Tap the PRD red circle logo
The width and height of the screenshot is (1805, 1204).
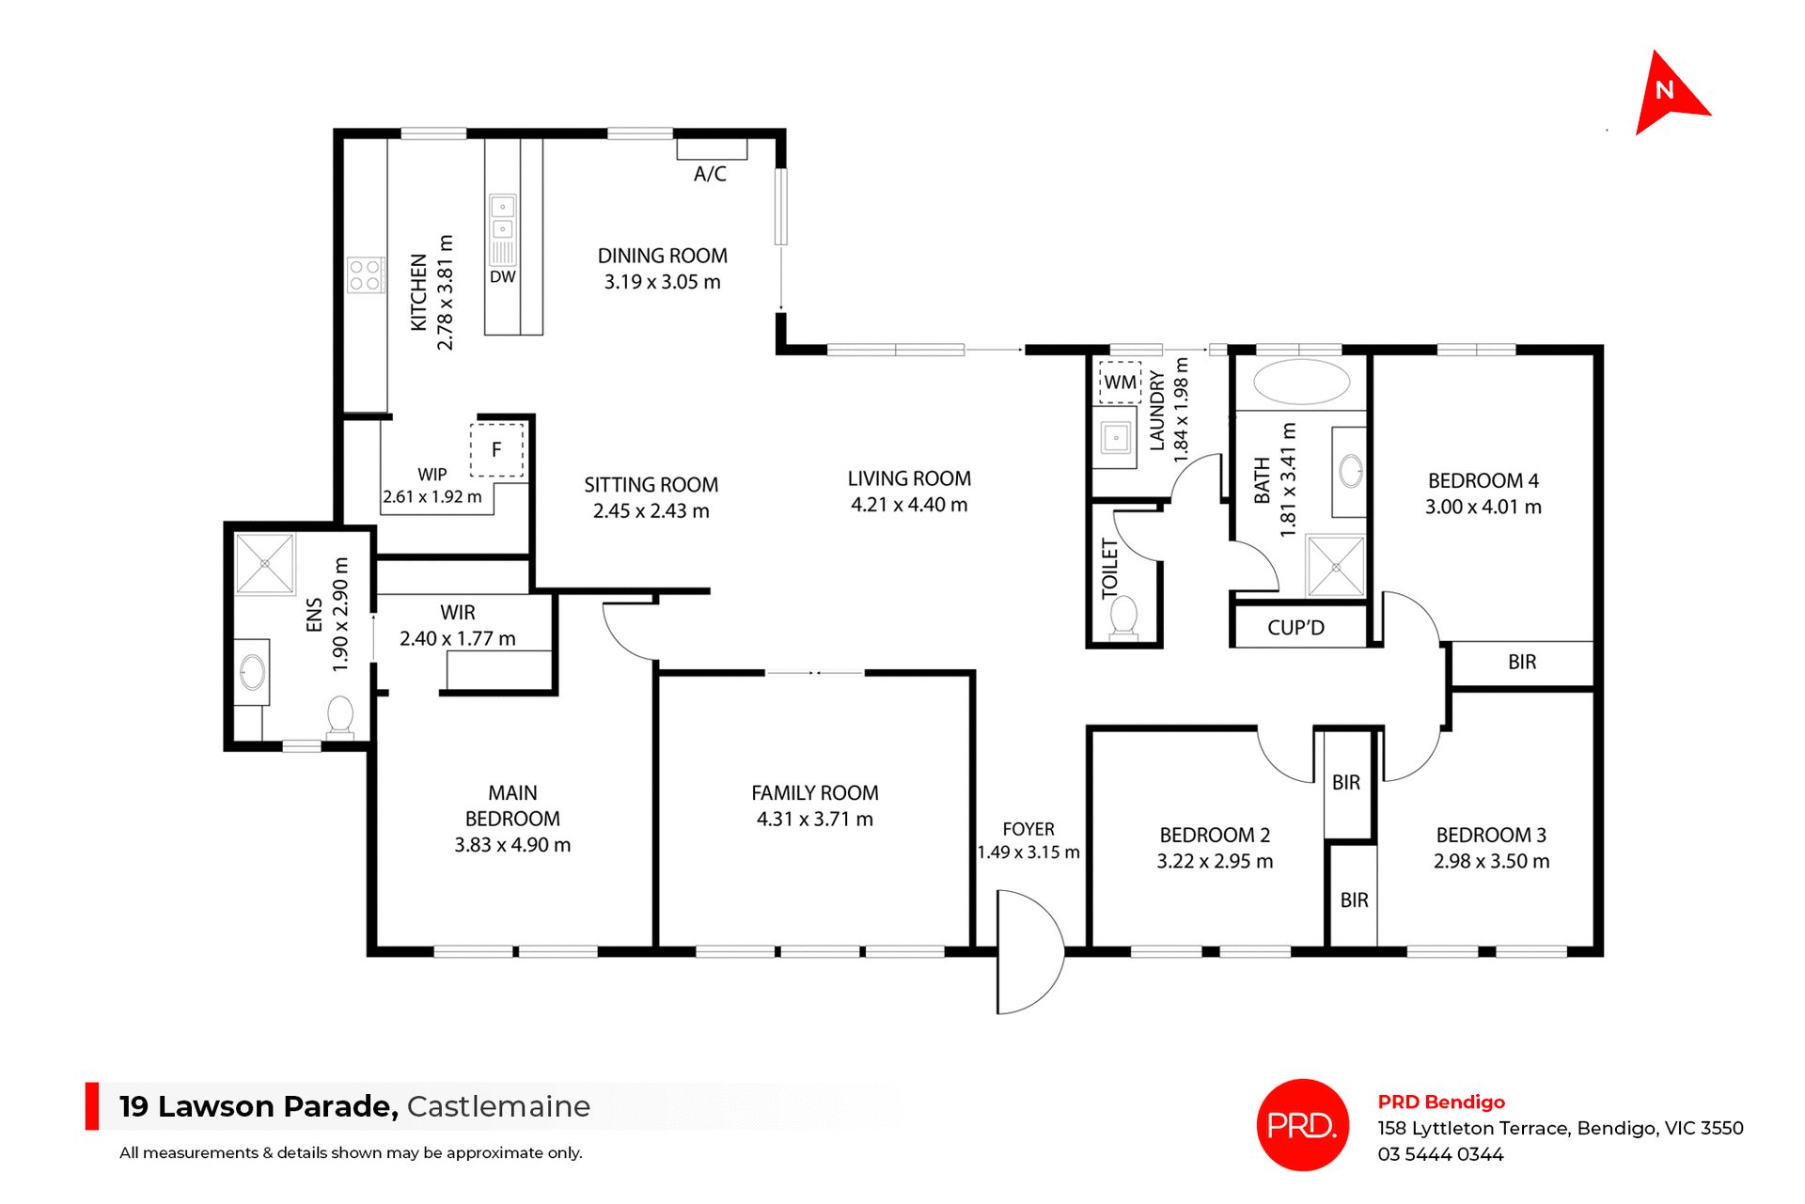tap(1302, 1124)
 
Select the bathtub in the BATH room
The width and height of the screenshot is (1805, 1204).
tap(1301, 382)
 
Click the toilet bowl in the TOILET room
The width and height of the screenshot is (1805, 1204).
tap(1123, 617)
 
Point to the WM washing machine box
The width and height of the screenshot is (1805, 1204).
tap(1120, 383)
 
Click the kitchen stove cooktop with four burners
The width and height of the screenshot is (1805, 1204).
tap(365, 274)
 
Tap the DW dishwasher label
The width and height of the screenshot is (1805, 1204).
tap(503, 277)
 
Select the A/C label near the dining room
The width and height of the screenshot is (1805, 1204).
tap(710, 174)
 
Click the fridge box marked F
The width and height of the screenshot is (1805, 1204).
tap(496, 450)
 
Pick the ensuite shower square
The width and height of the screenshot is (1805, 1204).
tap(265, 564)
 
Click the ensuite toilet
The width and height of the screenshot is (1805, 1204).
tap(340, 715)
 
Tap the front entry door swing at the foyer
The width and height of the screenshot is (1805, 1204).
tap(1028, 951)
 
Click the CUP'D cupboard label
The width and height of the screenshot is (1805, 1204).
tap(1295, 628)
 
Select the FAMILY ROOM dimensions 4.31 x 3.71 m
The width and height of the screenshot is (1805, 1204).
tap(814, 819)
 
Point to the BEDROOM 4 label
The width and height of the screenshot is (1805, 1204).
tap(1483, 480)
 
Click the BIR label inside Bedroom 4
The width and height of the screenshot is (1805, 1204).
tap(1521, 662)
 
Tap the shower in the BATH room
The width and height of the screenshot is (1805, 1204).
tap(1336, 566)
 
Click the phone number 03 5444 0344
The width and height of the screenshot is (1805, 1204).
tap(1440, 1154)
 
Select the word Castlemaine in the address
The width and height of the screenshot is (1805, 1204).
tap(498, 1106)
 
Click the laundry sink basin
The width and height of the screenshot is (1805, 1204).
tap(1116, 438)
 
